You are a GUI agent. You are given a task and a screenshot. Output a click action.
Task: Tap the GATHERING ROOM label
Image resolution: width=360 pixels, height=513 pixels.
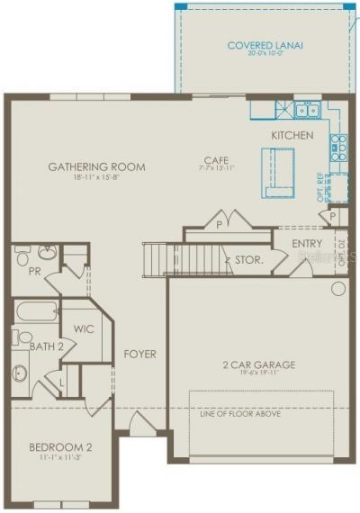(97, 167)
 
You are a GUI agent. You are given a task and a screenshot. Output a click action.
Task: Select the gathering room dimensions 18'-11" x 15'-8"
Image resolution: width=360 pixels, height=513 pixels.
(97, 178)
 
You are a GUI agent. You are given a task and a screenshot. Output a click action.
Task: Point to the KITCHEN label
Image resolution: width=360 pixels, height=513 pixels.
(292, 135)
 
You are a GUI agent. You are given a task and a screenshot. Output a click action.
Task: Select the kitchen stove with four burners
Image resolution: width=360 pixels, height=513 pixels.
(338, 141)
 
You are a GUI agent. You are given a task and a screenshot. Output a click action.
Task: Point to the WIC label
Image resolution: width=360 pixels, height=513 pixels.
(85, 328)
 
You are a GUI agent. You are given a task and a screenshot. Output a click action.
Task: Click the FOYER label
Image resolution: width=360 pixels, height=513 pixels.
(139, 354)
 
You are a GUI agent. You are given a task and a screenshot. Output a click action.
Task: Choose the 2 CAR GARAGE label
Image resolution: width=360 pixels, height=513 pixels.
(259, 365)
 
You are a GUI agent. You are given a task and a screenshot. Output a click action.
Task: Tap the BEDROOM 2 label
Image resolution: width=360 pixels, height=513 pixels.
(59, 446)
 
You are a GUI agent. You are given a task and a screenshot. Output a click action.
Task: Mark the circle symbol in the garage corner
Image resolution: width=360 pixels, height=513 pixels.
(338, 289)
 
